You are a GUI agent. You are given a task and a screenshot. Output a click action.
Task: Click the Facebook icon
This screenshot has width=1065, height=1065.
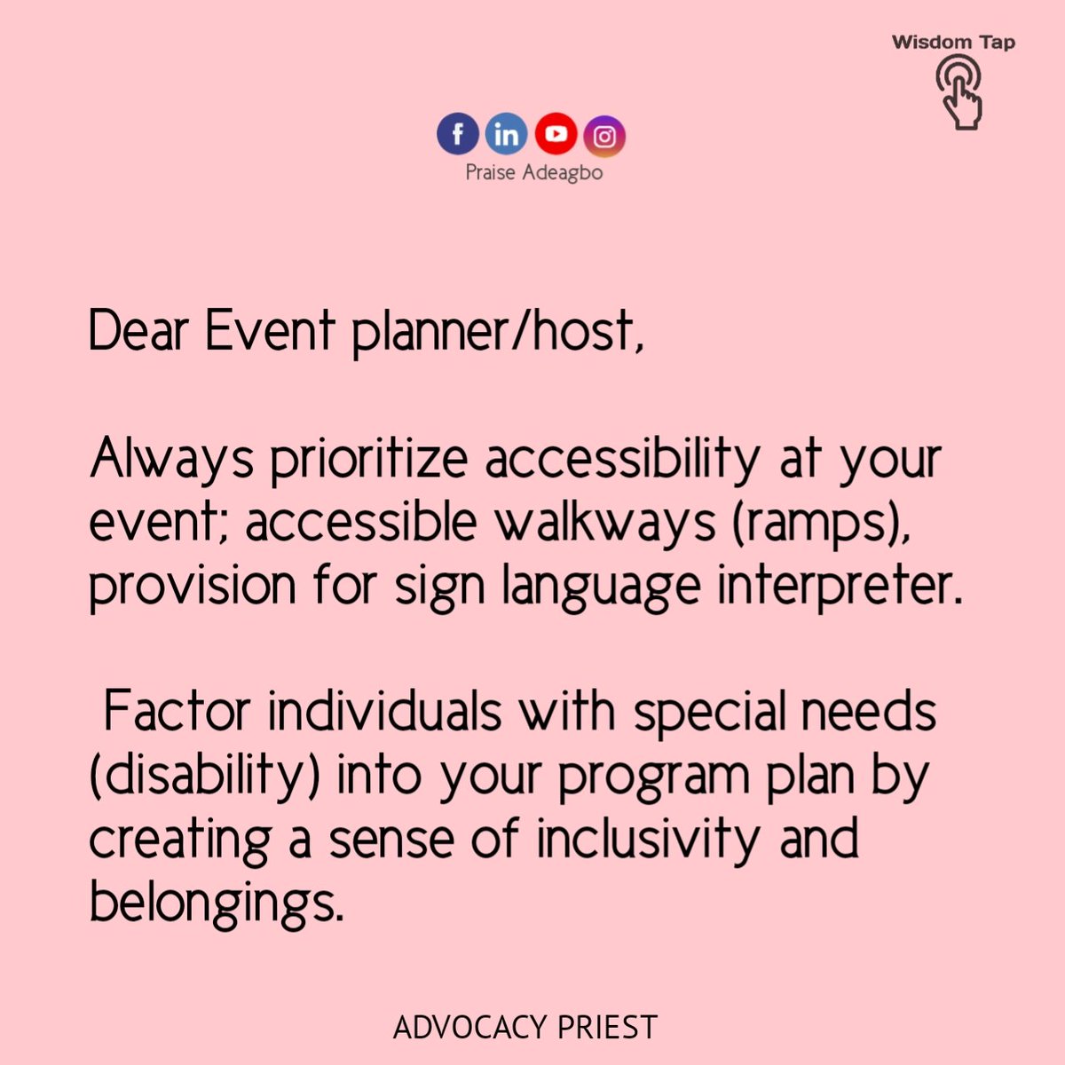[458, 135]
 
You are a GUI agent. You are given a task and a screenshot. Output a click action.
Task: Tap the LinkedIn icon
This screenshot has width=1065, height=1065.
[506, 135]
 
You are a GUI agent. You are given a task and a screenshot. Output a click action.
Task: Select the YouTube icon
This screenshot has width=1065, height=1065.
[556, 134]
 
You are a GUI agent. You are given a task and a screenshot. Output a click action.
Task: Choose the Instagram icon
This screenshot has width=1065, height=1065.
[604, 136]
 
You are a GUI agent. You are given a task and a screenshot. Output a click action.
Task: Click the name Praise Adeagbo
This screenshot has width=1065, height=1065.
[534, 172]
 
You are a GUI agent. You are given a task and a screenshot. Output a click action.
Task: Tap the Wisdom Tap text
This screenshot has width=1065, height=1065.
[953, 42]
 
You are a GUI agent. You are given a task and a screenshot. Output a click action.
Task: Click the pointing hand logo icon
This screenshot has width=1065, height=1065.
[959, 91]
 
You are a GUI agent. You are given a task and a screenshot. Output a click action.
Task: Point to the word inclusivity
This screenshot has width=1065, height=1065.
[647, 839]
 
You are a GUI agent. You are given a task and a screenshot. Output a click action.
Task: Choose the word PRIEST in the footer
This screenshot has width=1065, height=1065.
[608, 1028]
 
